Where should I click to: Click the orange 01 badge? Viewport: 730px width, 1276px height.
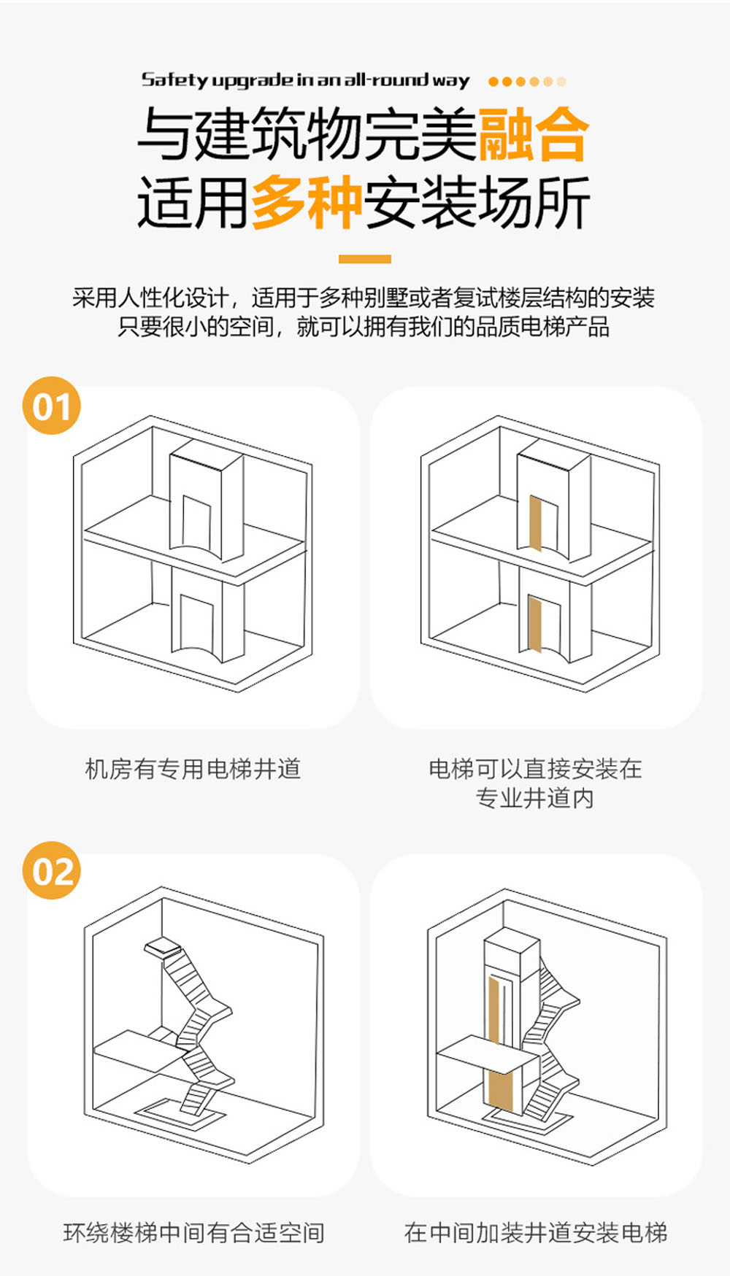tap(51, 406)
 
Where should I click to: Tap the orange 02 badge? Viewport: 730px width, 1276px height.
tap(52, 870)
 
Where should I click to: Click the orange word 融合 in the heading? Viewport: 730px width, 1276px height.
tap(534, 134)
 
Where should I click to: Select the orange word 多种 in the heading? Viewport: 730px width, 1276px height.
tap(307, 201)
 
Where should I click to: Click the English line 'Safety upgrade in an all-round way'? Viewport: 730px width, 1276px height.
tap(306, 80)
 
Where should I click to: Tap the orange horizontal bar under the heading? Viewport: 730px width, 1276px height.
tap(365, 259)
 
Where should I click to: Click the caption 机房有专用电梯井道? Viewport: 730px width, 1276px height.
tap(193, 769)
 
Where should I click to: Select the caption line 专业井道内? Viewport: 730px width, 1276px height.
tap(535, 798)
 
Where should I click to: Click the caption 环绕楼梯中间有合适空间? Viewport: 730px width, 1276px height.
tap(193, 1233)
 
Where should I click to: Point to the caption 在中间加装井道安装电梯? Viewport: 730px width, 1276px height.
tap(536, 1233)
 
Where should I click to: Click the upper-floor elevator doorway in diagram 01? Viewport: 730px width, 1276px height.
tap(196, 523)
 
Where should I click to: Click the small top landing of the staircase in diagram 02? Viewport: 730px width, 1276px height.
tap(163, 946)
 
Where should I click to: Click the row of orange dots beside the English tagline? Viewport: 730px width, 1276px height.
tap(527, 82)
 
